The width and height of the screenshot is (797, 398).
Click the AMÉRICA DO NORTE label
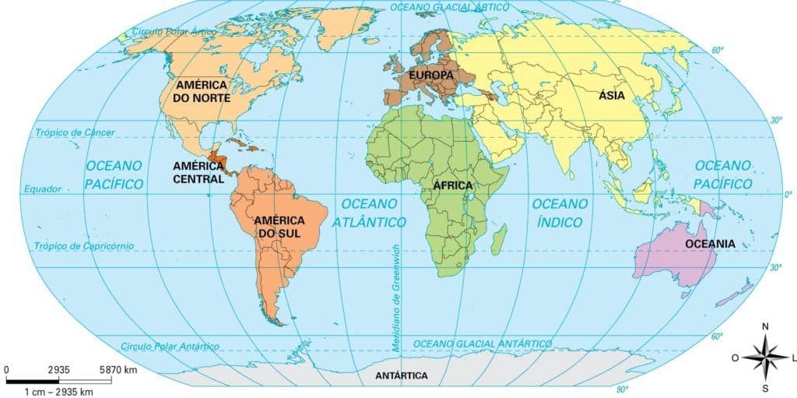[x=202, y=91]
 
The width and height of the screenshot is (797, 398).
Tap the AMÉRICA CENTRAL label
[x=198, y=172]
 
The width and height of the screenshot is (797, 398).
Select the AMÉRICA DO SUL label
[x=279, y=227]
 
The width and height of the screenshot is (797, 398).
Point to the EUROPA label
[x=430, y=75]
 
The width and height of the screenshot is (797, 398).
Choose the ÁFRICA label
[x=453, y=185]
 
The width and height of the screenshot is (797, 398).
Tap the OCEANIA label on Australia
[x=710, y=244]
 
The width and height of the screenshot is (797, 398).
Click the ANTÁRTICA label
[x=402, y=375]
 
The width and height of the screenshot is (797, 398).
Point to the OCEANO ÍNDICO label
[x=560, y=213]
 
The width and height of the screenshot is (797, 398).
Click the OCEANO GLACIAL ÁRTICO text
[x=450, y=6]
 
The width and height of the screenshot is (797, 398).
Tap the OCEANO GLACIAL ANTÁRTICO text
[x=483, y=343]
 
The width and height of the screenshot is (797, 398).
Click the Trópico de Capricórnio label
[x=85, y=246]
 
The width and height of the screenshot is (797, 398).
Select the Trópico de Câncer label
[x=75, y=133]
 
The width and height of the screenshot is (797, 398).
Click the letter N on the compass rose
[x=765, y=326]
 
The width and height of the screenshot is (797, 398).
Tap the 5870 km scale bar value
[x=120, y=369]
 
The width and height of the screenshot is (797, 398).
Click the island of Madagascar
[x=499, y=239]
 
